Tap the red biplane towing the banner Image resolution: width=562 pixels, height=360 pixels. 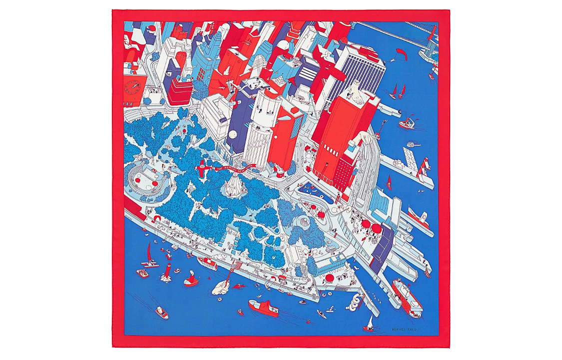[x=201, y=168]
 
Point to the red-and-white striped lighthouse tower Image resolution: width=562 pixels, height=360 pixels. [x=424, y=168]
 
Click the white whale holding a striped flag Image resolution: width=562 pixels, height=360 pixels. [x=222, y=287]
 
